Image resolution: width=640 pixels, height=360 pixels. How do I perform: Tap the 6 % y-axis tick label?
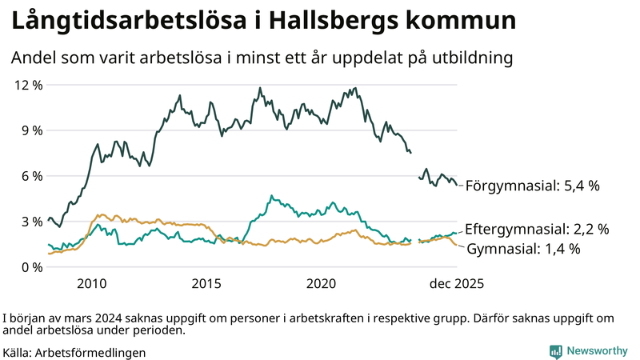31,176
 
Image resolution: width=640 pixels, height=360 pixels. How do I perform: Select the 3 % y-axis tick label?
31,222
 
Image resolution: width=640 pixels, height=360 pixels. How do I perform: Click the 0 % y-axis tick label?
31,267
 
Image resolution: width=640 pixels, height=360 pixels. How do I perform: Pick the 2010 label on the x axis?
92,283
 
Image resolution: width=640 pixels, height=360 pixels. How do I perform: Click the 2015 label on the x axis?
206,283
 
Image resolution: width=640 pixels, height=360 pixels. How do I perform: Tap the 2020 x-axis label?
321,283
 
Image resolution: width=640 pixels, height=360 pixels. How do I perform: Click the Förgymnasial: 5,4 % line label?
532,186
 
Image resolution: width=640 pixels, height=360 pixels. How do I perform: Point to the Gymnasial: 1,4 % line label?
523,249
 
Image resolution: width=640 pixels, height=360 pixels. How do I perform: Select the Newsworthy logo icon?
555,351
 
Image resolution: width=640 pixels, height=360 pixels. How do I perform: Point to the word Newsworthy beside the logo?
598,351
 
